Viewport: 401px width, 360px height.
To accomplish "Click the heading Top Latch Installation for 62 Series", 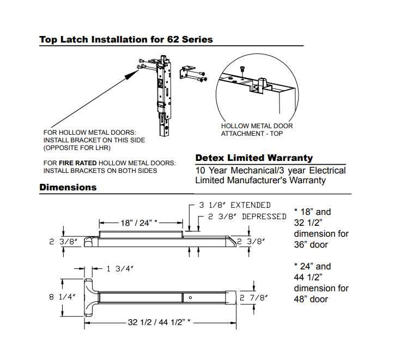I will point(126,39).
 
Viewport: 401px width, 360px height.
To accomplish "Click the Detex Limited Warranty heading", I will point(254,158).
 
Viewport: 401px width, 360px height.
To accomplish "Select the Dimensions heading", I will point(68,187).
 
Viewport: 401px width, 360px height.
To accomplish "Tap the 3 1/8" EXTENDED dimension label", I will point(235,205).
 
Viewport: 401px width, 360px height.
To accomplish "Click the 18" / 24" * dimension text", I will point(139,223).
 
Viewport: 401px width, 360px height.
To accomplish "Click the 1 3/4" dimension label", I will point(119,268).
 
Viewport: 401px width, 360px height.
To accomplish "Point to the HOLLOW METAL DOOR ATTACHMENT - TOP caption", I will point(257,129).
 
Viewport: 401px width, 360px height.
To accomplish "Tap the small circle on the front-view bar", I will point(190,297).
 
